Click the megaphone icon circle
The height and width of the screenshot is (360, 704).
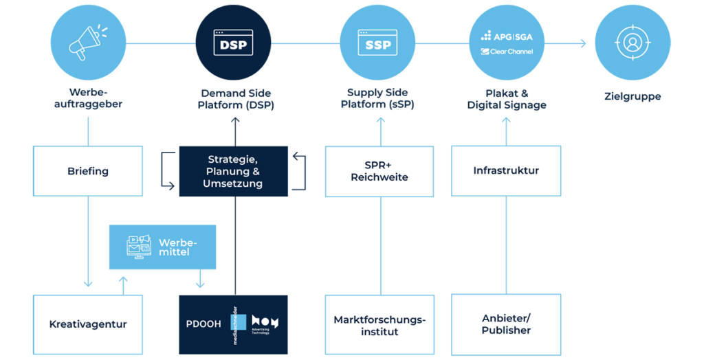pyautogui.click(x=88, y=43)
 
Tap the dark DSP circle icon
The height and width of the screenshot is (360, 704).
pyautogui.click(x=234, y=43)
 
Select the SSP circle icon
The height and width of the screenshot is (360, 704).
pyautogui.click(x=377, y=43)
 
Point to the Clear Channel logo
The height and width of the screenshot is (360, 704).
pyautogui.click(x=507, y=52)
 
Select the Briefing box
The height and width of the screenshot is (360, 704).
pyautogui.click(x=88, y=171)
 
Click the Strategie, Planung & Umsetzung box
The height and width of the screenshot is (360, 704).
pyautogui.click(x=234, y=171)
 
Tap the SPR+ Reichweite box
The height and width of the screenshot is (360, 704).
pyautogui.click(x=379, y=171)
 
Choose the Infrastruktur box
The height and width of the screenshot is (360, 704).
pyautogui.click(x=506, y=170)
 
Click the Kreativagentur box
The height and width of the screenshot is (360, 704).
pyautogui.click(x=88, y=324)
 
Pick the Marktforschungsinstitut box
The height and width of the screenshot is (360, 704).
pyautogui.click(x=379, y=325)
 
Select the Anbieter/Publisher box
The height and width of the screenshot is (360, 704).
pyautogui.click(x=506, y=324)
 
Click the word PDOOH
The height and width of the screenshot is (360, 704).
pyautogui.click(x=203, y=324)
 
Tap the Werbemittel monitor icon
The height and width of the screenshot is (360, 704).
pyautogui.click(x=140, y=247)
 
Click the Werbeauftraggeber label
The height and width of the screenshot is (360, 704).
pyautogui.click(x=89, y=99)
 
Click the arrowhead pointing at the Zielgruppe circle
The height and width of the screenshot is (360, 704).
pyautogui.click(x=583, y=44)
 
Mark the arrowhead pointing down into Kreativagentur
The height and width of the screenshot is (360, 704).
pyautogui.click(x=88, y=283)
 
